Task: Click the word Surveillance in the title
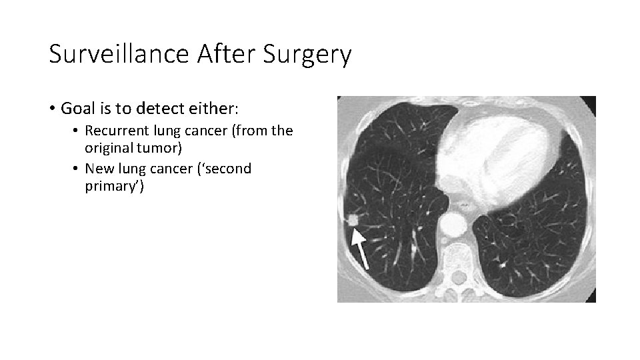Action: (x=119, y=55)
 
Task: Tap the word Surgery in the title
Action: (x=307, y=56)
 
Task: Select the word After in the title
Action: (x=227, y=55)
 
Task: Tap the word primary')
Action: (x=114, y=186)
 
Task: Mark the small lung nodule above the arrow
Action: (x=353, y=219)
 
